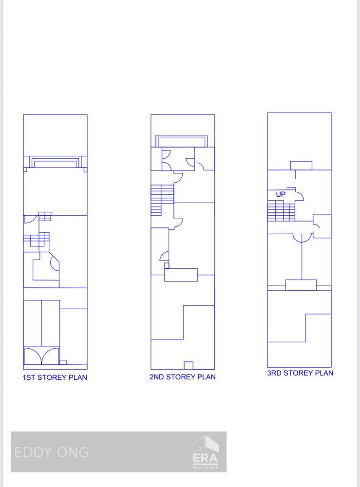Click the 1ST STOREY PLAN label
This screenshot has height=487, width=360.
55,377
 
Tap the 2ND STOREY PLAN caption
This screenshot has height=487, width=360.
183,377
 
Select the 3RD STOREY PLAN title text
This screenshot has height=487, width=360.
300,373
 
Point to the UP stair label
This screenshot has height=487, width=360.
281,194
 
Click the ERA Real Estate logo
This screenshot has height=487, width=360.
205,453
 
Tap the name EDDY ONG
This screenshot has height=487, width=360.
52,452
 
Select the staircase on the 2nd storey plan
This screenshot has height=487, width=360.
162,200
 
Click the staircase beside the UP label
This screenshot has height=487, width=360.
281,212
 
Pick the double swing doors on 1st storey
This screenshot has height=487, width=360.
41,356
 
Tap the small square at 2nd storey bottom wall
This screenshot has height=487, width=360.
189,365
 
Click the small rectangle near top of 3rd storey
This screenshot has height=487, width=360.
301,166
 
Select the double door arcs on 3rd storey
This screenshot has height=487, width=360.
302,238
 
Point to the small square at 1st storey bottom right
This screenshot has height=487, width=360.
63,362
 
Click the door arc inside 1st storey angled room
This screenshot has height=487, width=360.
54,263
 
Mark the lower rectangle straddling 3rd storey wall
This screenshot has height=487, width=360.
301,285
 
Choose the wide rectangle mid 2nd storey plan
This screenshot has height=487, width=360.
181,275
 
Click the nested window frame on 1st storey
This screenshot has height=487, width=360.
56,162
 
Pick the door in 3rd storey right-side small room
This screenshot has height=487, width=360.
317,226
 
